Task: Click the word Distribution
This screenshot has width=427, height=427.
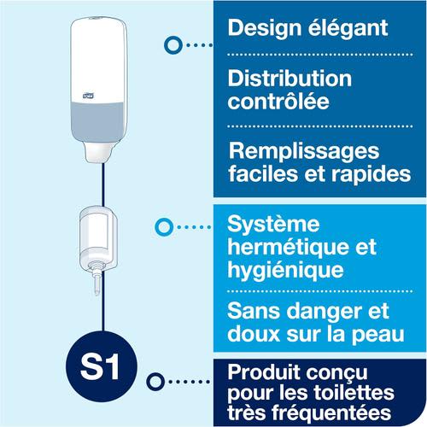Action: tap(290, 79)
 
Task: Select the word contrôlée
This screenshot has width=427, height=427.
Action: tap(278, 101)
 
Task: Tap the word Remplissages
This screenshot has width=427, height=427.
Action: tap(304, 152)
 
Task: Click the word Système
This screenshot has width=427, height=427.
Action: tap(273, 225)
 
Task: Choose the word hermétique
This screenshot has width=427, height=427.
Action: tap(288, 248)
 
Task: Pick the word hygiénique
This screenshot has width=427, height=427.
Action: tap(285, 271)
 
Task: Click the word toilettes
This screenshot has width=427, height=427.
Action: tap(354, 393)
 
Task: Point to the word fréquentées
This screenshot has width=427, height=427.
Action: tap(331, 412)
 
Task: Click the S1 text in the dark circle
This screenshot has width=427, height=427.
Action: tap(100, 367)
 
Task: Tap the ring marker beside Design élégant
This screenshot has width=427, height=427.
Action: tap(173, 45)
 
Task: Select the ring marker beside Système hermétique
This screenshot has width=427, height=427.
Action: tap(164, 227)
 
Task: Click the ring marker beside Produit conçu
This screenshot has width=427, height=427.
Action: tap(155, 382)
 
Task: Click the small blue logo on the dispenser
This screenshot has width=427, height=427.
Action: tap(88, 97)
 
